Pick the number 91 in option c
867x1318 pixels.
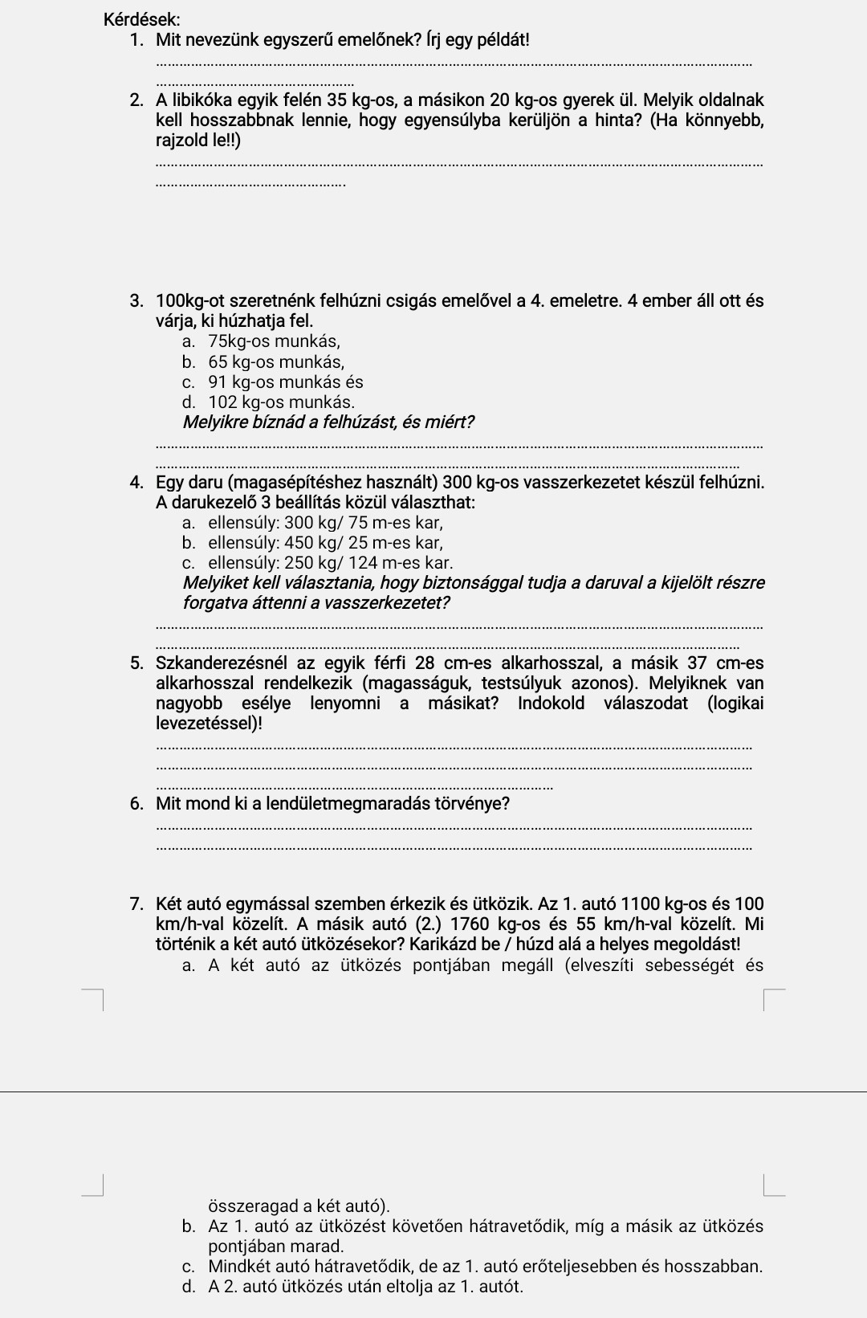pyautogui.click(x=218, y=382)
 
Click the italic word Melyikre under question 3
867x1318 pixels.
pyautogui.click(x=216, y=422)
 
